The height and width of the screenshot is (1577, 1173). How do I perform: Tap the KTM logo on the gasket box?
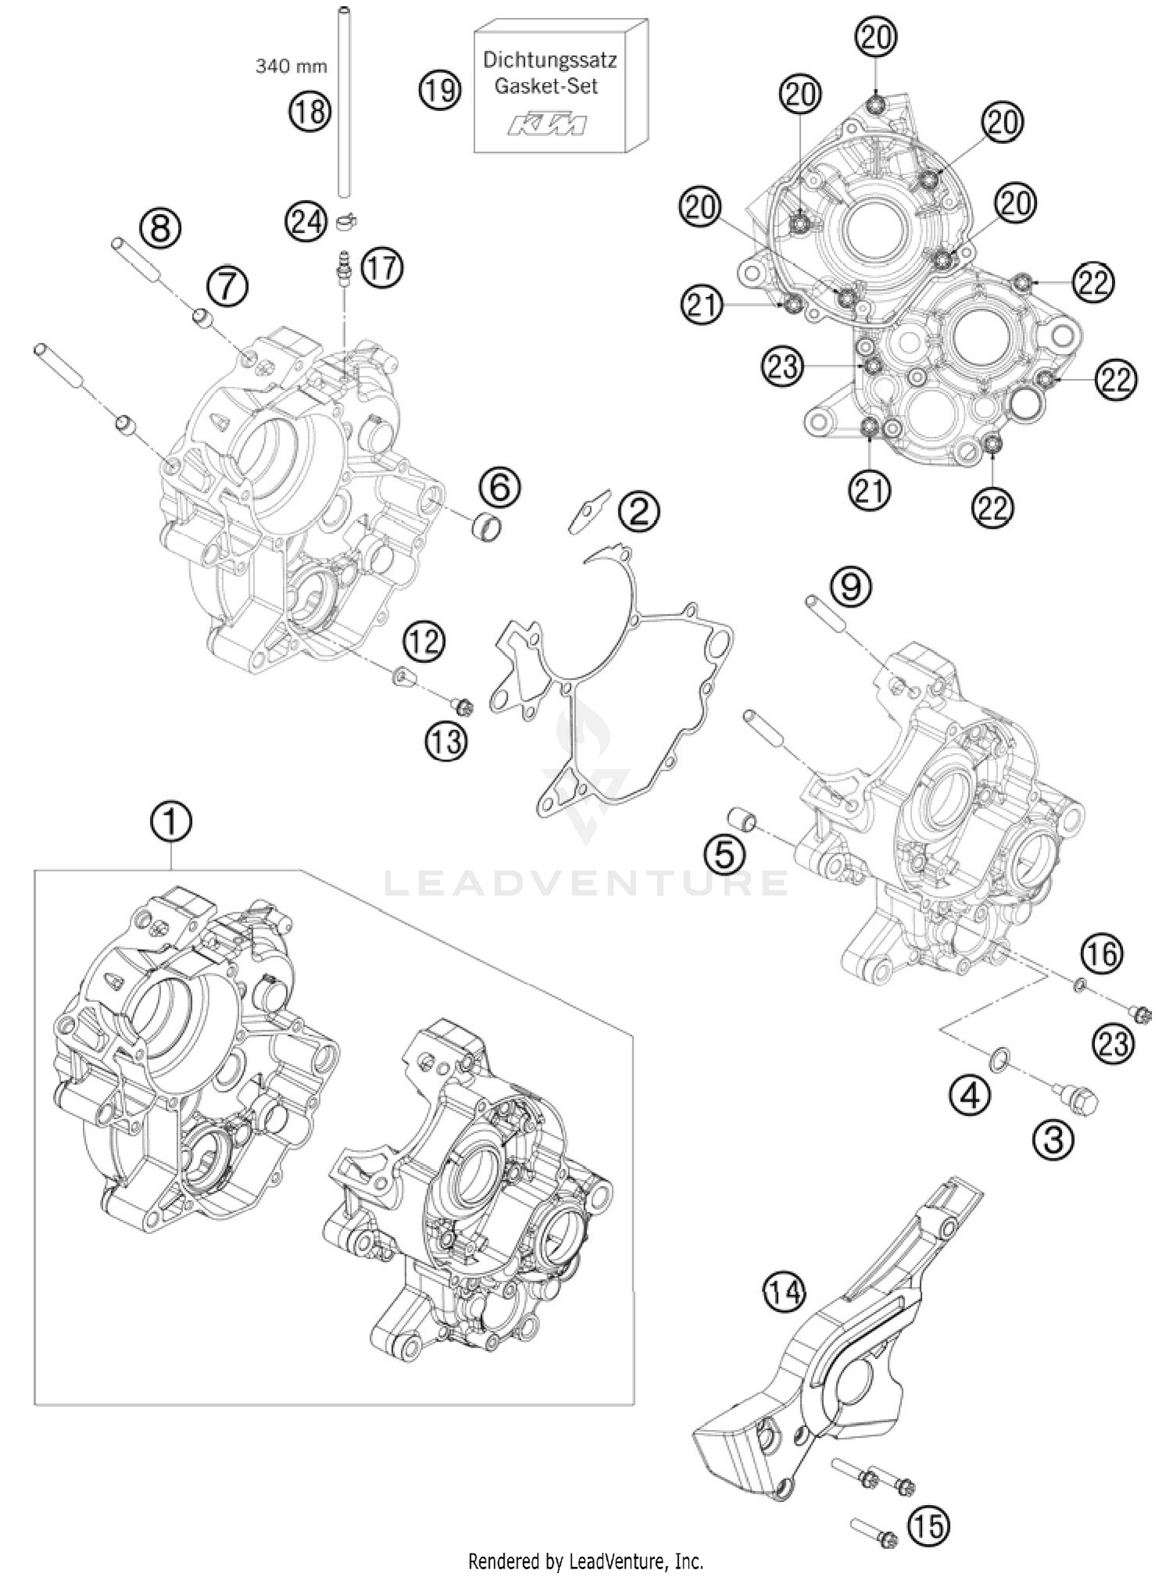(x=548, y=125)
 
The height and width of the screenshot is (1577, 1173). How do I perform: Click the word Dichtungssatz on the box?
(x=550, y=60)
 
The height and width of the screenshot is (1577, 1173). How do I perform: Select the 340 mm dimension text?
(x=291, y=66)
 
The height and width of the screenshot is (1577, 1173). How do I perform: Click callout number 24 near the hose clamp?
(x=306, y=222)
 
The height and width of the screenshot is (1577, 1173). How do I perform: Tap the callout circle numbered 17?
(x=382, y=269)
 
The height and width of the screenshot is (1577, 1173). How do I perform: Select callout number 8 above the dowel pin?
(x=160, y=228)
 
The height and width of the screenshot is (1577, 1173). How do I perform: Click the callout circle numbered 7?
(x=226, y=286)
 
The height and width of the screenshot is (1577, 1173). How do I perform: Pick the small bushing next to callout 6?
(x=485, y=524)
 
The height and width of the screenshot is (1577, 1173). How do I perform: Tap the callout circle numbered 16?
(x=1101, y=953)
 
